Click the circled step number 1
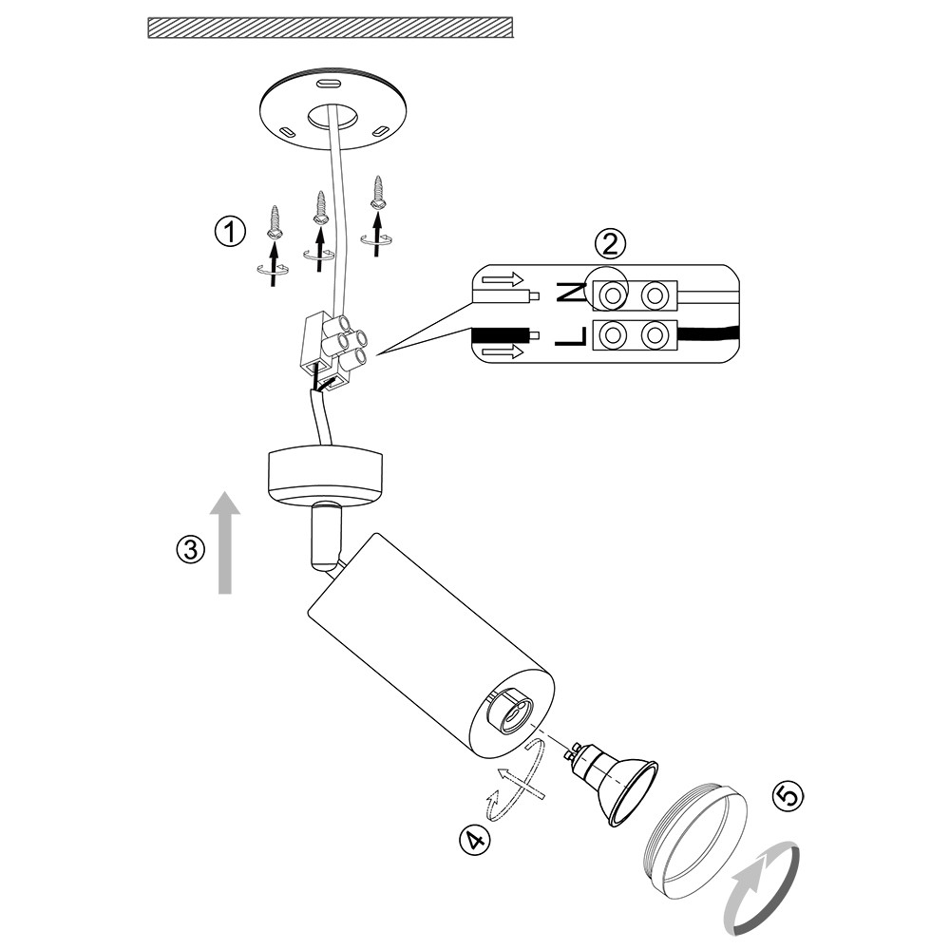(x=229, y=232)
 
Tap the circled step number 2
(x=611, y=244)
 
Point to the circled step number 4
(x=474, y=839)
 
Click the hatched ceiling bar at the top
(x=331, y=27)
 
